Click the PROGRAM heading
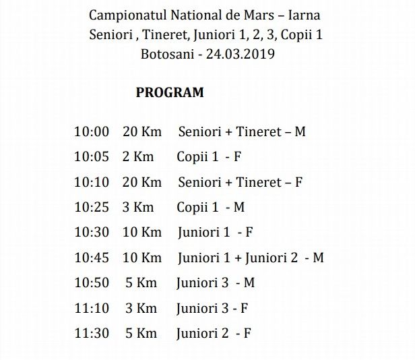pyautogui.click(x=170, y=93)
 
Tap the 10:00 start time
pyautogui.click(x=91, y=131)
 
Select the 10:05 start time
pyautogui.click(x=91, y=157)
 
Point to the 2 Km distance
pyautogui.click(x=137, y=157)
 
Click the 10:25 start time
pyautogui.click(x=91, y=207)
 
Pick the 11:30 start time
pyautogui.click(x=91, y=334)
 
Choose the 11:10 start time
pyautogui.click(x=91, y=308)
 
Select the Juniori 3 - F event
pyautogui.click(x=212, y=308)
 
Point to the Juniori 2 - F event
pyautogui.click(x=213, y=334)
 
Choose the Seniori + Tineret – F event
pyautogui.click(x=240, y=182)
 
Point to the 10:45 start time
pyautogui.click(x=91, y=258)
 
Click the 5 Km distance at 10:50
pyautogui.click(x=141, y=283)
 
